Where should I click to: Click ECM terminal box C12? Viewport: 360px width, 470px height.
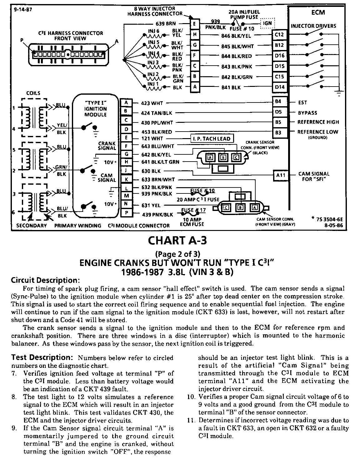279,35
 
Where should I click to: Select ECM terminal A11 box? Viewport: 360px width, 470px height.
281,175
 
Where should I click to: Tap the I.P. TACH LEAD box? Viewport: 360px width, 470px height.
211,139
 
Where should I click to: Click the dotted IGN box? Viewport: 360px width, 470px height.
267,23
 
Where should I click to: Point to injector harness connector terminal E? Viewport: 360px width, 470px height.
194,24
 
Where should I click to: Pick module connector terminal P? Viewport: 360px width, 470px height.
126,213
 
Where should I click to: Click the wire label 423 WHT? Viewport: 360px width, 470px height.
152,103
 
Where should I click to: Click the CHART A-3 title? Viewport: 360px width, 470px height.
177,241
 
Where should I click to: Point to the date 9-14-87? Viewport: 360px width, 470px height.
23,9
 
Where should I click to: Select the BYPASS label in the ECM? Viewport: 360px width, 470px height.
307,113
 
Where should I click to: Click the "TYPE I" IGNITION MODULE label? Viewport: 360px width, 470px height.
96,109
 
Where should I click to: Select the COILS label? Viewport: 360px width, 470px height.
33,93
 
